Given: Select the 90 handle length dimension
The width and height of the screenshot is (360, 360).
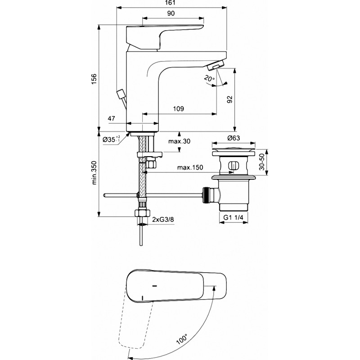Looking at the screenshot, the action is (x=171, y=13).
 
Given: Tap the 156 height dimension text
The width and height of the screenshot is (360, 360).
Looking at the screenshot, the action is (x=94, y=79).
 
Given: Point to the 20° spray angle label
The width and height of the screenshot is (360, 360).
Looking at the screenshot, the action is (x=209, y=78).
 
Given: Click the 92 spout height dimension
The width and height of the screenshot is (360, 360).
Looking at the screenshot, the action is (x=229, y=99).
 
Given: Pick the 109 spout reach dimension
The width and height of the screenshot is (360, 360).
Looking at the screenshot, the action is (x=178, y=108).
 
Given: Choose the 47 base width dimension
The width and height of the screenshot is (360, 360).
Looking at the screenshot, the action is (x=112, y=118).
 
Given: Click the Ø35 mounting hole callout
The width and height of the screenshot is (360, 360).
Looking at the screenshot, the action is (x=111, y=139).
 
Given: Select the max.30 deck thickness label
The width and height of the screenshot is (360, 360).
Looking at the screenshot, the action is (x=179, y=141).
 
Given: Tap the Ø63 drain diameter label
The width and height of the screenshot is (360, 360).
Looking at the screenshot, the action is (x=234, y=138).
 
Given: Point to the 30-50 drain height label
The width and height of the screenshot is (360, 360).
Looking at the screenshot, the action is (x=262, y=162).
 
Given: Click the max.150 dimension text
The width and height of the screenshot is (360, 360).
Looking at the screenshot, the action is (x=190, y=167).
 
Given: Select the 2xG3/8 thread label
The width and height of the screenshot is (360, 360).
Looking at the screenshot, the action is (x=163, y=220).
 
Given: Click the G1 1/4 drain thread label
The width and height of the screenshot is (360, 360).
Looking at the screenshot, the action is (x=233, y=217).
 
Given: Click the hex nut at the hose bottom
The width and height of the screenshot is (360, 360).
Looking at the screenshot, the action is (x=142, y=212).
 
